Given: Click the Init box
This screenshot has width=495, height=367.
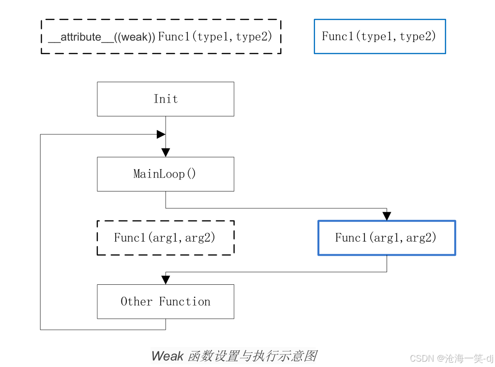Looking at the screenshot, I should (x=165, y=99).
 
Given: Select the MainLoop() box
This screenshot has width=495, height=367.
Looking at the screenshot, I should (x=165, y=174).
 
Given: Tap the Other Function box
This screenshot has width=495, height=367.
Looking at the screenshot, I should (x=165, y=302).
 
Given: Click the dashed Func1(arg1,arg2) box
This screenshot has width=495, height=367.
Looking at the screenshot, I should (x=165, y=237).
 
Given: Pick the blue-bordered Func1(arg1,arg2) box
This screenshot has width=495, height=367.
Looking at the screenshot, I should (x=387, y=237).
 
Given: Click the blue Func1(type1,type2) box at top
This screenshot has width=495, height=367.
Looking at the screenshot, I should (x=380, y=36).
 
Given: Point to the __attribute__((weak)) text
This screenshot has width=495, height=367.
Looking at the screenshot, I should (x=102, y=37).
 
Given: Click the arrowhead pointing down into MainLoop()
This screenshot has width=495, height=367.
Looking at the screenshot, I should (x=165, y=152).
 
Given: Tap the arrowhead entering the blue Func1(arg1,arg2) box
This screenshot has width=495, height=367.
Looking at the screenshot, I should (x=387, y=216).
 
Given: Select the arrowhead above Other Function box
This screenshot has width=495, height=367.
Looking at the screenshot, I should (x=165, y=280).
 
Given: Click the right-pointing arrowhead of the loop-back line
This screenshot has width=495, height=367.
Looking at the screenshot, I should (x=161, y=134).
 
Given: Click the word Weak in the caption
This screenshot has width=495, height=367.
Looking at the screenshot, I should (x=167, y=356).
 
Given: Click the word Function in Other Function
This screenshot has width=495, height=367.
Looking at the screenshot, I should (x=185, y=302).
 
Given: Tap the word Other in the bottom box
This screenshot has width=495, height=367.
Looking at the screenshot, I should (x=136, y=302).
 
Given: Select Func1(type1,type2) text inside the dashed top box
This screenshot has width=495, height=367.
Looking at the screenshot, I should (x=215, y=37).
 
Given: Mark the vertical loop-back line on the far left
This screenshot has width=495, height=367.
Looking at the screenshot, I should (x=40, y=232).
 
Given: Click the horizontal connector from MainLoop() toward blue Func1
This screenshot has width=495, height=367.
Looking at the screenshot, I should (x=276, y=208).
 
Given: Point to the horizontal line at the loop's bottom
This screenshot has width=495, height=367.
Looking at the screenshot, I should (x=103, y=330).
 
